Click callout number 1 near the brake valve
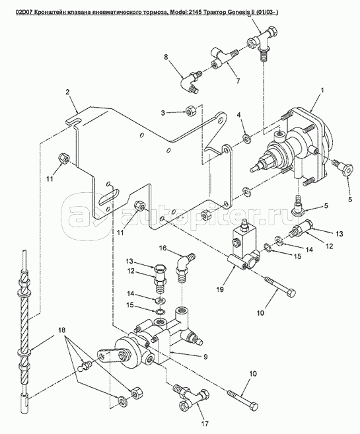coord(322,90)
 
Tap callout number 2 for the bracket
coord(67,92)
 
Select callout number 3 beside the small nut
coord(163,113)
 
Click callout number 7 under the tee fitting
coord(238,81)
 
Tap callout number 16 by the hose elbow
coord(162,248)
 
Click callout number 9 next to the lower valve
coord(205,357)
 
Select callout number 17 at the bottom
coord(205,423)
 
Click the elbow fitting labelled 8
coord(191,82)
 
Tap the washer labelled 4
coord(246,138)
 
